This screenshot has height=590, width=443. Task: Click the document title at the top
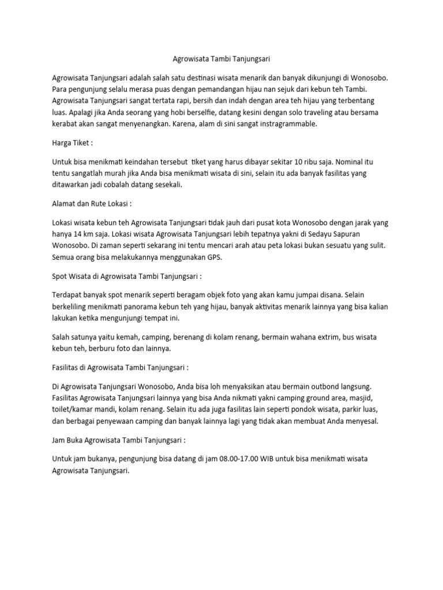[222, 58]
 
